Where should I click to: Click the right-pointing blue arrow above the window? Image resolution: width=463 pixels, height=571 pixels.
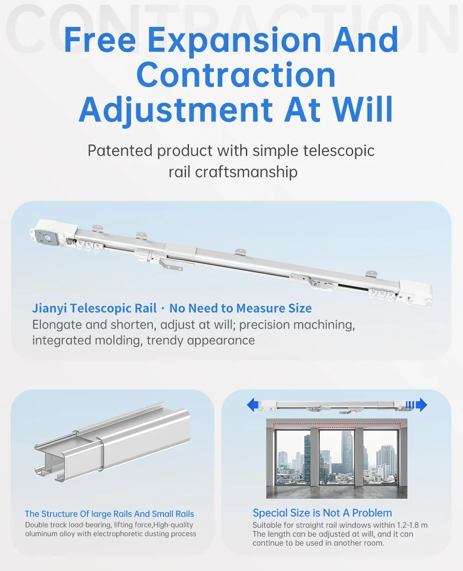421,405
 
